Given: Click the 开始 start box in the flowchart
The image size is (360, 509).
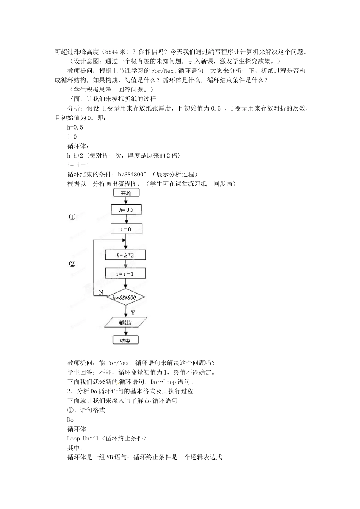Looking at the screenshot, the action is pyautogui.click(x=126, y=193).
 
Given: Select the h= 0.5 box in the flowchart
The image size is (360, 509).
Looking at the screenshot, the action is pyautogui.click(x=126, y=209).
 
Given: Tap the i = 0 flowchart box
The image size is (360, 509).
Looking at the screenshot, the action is pyautogui.click(x=126, y=229).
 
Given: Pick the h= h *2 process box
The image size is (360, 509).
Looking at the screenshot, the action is pyautogui.click(x=125, y=255).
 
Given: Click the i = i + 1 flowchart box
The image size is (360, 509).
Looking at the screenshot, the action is pyautogui.click(x=125, y=273).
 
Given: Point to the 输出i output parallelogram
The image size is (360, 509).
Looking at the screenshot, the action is pyautogui.click(x=125, y=322).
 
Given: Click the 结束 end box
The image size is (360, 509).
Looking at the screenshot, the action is pyautogui.click(x=126, y=340).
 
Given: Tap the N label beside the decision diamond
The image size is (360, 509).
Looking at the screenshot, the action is pyautogui.click(x=101, y=292).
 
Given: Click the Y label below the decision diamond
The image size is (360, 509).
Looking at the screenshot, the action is pyautogui.click(x=133, y=312).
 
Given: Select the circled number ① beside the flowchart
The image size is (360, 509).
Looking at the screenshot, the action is pyautogui.click(x=72, y=217).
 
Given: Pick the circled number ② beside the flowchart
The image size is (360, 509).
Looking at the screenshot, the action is pyautogui.click(x=72, y=264).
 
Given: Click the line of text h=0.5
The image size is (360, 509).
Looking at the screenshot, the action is pyautogui.click(x=75, y=127).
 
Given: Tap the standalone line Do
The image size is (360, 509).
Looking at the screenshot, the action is pyautogui.click(x=70, y=420).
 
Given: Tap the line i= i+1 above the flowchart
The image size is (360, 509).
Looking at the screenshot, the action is pyautogui.click(x=78, y=165).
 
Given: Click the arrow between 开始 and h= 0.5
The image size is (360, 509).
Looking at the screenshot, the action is pyautogui.click(x=126, y=201).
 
